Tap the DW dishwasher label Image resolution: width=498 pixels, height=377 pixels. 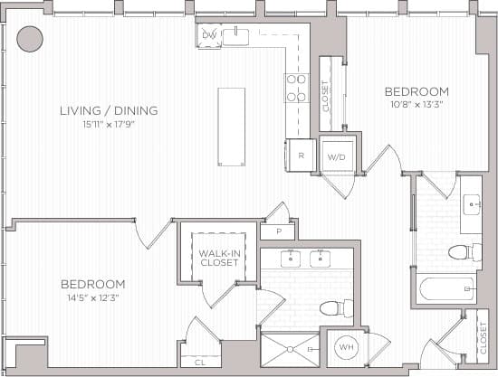click(x=209, y=36)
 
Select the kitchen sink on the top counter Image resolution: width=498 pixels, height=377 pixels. click(x=237, y=35)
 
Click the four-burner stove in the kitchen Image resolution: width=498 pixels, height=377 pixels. click(x=296, y=88)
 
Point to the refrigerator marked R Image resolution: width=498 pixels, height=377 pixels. click(x=300, y=156)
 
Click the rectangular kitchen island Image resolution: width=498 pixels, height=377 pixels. click(x=231, y=127)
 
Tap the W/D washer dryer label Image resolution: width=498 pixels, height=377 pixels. click(x=337, y=156)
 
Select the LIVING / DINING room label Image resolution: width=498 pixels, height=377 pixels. click(x=109, y=111)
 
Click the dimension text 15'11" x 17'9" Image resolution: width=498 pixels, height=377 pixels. click(x=108, y=125)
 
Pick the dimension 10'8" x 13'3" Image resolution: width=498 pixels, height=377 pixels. click(x=417, y=104)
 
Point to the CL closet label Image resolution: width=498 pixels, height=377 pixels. click(x=200, y=362)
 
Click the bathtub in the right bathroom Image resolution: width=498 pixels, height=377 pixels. click(x=446, y=289)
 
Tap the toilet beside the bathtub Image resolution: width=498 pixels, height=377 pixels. click(x=460, y=251)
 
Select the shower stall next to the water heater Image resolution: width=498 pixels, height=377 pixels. click(x=290, y=348)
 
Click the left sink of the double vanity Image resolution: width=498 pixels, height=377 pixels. click(x=291, y=259)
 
